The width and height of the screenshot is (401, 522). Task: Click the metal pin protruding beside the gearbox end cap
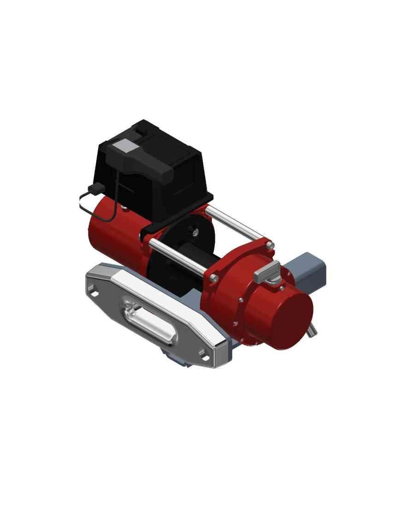point(313,330)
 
